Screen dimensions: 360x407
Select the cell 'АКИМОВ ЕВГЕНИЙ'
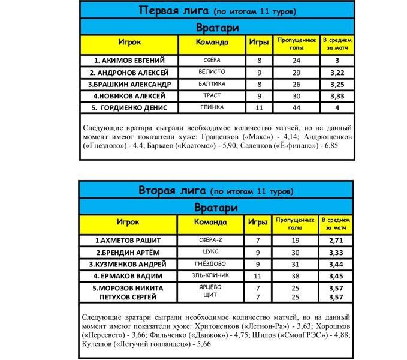(x=129, y=61)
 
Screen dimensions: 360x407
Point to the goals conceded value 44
(x=296, y=107)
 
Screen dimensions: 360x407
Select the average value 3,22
(x=337, y=73)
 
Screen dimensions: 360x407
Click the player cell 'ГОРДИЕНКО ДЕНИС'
(x=129, y=107)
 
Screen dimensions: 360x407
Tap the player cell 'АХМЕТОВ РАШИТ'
(x=129, y=241)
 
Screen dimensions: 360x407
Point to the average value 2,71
(x=336, y=241)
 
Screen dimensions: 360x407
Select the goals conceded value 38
(x=296, y=276)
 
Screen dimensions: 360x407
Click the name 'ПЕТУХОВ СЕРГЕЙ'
(x=129, y=296)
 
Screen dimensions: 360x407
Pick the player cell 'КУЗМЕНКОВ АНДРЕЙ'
(x=129, y=264)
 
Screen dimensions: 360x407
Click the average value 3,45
(x=336, y=276)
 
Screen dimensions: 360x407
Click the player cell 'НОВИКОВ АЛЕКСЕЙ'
(x=129, y=96)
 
